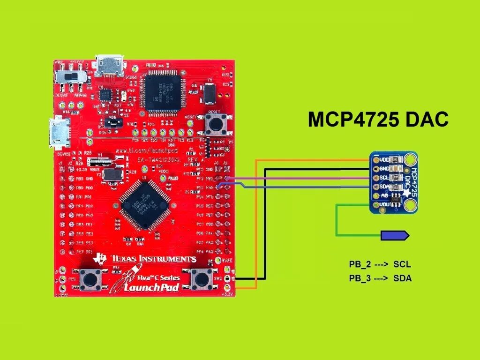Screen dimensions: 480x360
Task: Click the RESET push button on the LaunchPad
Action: point(216,124)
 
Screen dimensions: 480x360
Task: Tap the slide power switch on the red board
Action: point(70,75)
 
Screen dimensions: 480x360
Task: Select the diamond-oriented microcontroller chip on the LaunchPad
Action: point(144,205)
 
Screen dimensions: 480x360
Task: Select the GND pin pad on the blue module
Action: point(376,169)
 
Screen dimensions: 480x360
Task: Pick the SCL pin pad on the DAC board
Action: point(376,178)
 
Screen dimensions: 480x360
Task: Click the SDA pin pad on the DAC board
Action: point(376,187)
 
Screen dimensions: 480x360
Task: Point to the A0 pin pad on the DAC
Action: point(376,196)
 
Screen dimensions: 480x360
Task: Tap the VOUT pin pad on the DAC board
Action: point(376,205)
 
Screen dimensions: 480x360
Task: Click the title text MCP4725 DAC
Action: point(378,120)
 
